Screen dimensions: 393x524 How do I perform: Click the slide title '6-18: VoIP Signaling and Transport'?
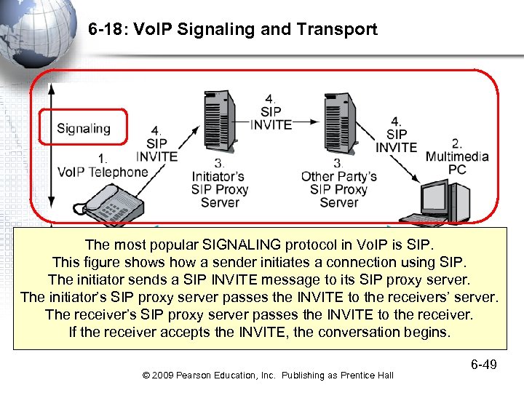click(x=232, y=30)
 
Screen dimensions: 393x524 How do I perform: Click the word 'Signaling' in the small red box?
click(x=84, y=129)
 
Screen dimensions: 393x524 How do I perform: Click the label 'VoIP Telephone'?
click(x=103, y=172)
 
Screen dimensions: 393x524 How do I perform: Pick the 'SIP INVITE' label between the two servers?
click(x=271, y=117)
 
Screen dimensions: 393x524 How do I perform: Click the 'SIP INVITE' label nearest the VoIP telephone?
click(x=156, y=149)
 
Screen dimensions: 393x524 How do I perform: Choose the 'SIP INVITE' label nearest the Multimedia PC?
click(x=397, y=140)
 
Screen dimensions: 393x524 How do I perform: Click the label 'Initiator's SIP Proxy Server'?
click(x=220, y=188)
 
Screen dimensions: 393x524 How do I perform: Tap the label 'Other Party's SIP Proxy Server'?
click(x=338, y=188)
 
